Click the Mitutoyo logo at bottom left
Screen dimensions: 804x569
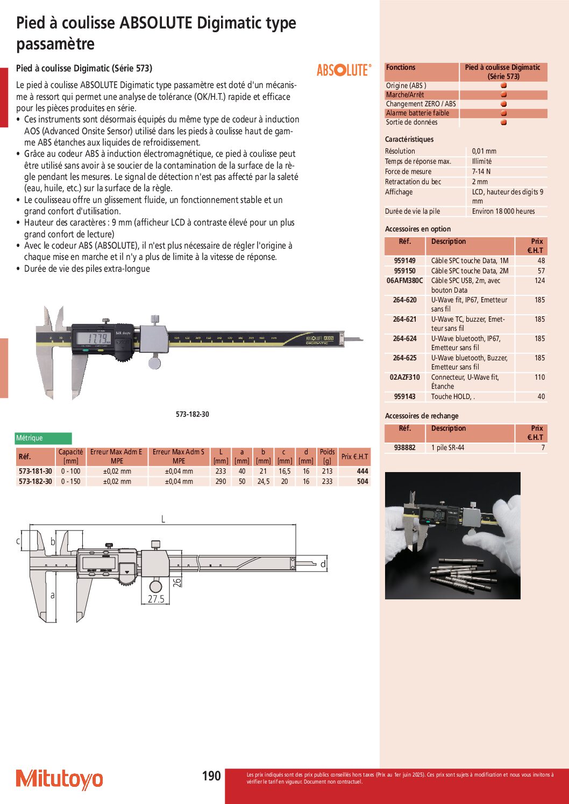(59, 779)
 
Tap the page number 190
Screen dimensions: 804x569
(211, 776)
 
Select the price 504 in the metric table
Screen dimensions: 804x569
(362, 481)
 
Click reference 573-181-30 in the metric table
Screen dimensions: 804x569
(35, 471)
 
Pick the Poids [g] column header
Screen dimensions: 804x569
(327, 456)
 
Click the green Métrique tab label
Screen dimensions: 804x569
(43, 438)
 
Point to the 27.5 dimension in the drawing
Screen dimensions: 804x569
(156, 599)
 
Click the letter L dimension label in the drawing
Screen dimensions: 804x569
(163, 519)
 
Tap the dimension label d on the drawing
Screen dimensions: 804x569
(323, 564)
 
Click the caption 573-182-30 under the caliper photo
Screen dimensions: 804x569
(192, 414)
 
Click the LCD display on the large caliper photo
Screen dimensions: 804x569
(94, 338)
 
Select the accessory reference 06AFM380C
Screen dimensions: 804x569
(404, 280)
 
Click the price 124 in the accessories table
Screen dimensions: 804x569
(539, 280)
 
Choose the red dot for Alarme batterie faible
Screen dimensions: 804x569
(503, 113)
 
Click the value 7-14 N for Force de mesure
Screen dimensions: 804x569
(481, 171)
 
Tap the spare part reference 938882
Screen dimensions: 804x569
(404, 447)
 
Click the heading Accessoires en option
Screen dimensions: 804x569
(418, 229)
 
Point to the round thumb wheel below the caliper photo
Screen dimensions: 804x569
(154, 363)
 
